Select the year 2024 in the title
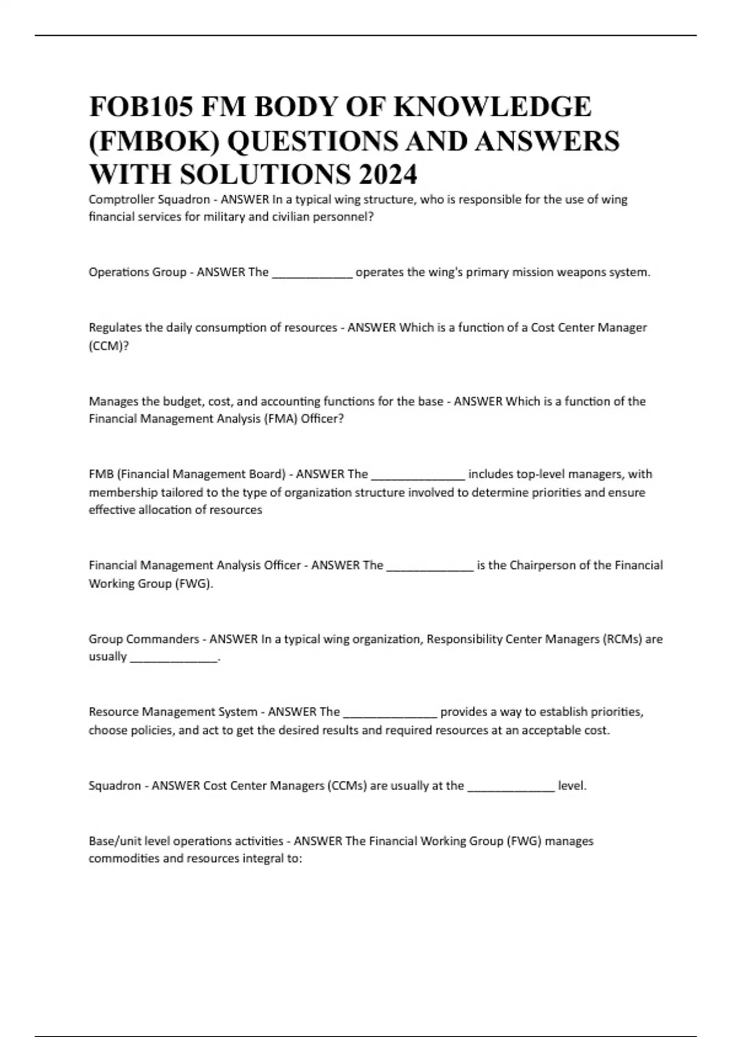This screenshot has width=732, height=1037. pyautogui.click(x=387, y=174)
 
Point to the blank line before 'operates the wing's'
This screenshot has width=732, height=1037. pyautogui.click(x=312, y=273)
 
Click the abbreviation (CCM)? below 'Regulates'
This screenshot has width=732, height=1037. pyautogui.click(x=109, y=346)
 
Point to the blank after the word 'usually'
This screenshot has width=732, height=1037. pyautogui.click(x=174, y=658)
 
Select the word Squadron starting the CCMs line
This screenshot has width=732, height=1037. pyautogui.click(x=115, y=786)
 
